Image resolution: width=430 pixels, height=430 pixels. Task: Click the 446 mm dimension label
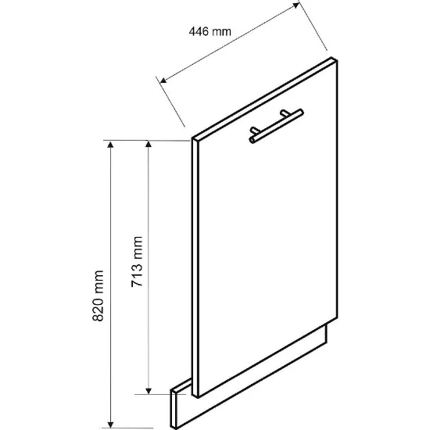pos(210,31)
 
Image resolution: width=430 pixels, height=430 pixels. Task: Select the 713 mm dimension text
pos(137,261)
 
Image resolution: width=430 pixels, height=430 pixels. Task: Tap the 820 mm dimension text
pos(98,296)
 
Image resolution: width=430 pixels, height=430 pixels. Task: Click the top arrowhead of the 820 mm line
pos(110,145)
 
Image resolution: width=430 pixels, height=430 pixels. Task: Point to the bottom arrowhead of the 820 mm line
pos(110,425)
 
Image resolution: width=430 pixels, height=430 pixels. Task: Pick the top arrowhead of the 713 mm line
pos(149,145)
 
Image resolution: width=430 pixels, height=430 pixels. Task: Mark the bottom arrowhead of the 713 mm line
pos(149,391)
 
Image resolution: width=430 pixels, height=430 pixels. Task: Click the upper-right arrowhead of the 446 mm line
pos(296,5)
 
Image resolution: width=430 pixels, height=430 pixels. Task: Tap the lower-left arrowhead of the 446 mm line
pos(163,80)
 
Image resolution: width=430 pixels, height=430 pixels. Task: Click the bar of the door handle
pos(276,126)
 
